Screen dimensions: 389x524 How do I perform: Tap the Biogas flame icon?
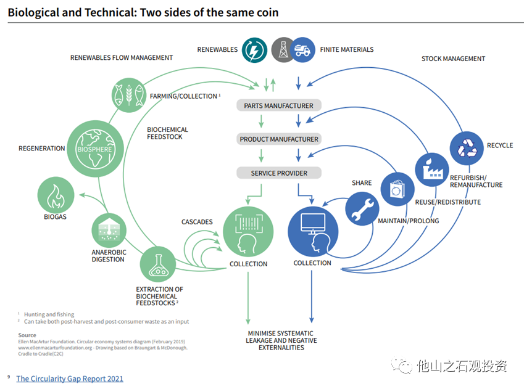56,195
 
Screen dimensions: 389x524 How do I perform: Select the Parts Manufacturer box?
278,105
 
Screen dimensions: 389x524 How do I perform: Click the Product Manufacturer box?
278,139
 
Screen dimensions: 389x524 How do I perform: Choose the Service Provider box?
278,173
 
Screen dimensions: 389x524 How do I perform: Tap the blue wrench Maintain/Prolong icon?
362,208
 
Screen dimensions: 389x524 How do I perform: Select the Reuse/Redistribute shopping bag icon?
396,189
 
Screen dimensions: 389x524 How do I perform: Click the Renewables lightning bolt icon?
254,49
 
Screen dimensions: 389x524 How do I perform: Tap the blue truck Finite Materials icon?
302,49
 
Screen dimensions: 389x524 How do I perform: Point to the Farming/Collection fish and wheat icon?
128,94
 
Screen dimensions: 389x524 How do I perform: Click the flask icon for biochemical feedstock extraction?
157,263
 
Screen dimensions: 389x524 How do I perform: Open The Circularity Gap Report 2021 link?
70,379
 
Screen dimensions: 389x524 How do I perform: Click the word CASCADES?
197,222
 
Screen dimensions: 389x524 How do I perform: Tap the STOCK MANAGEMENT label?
453,59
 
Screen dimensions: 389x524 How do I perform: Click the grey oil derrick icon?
283,49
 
